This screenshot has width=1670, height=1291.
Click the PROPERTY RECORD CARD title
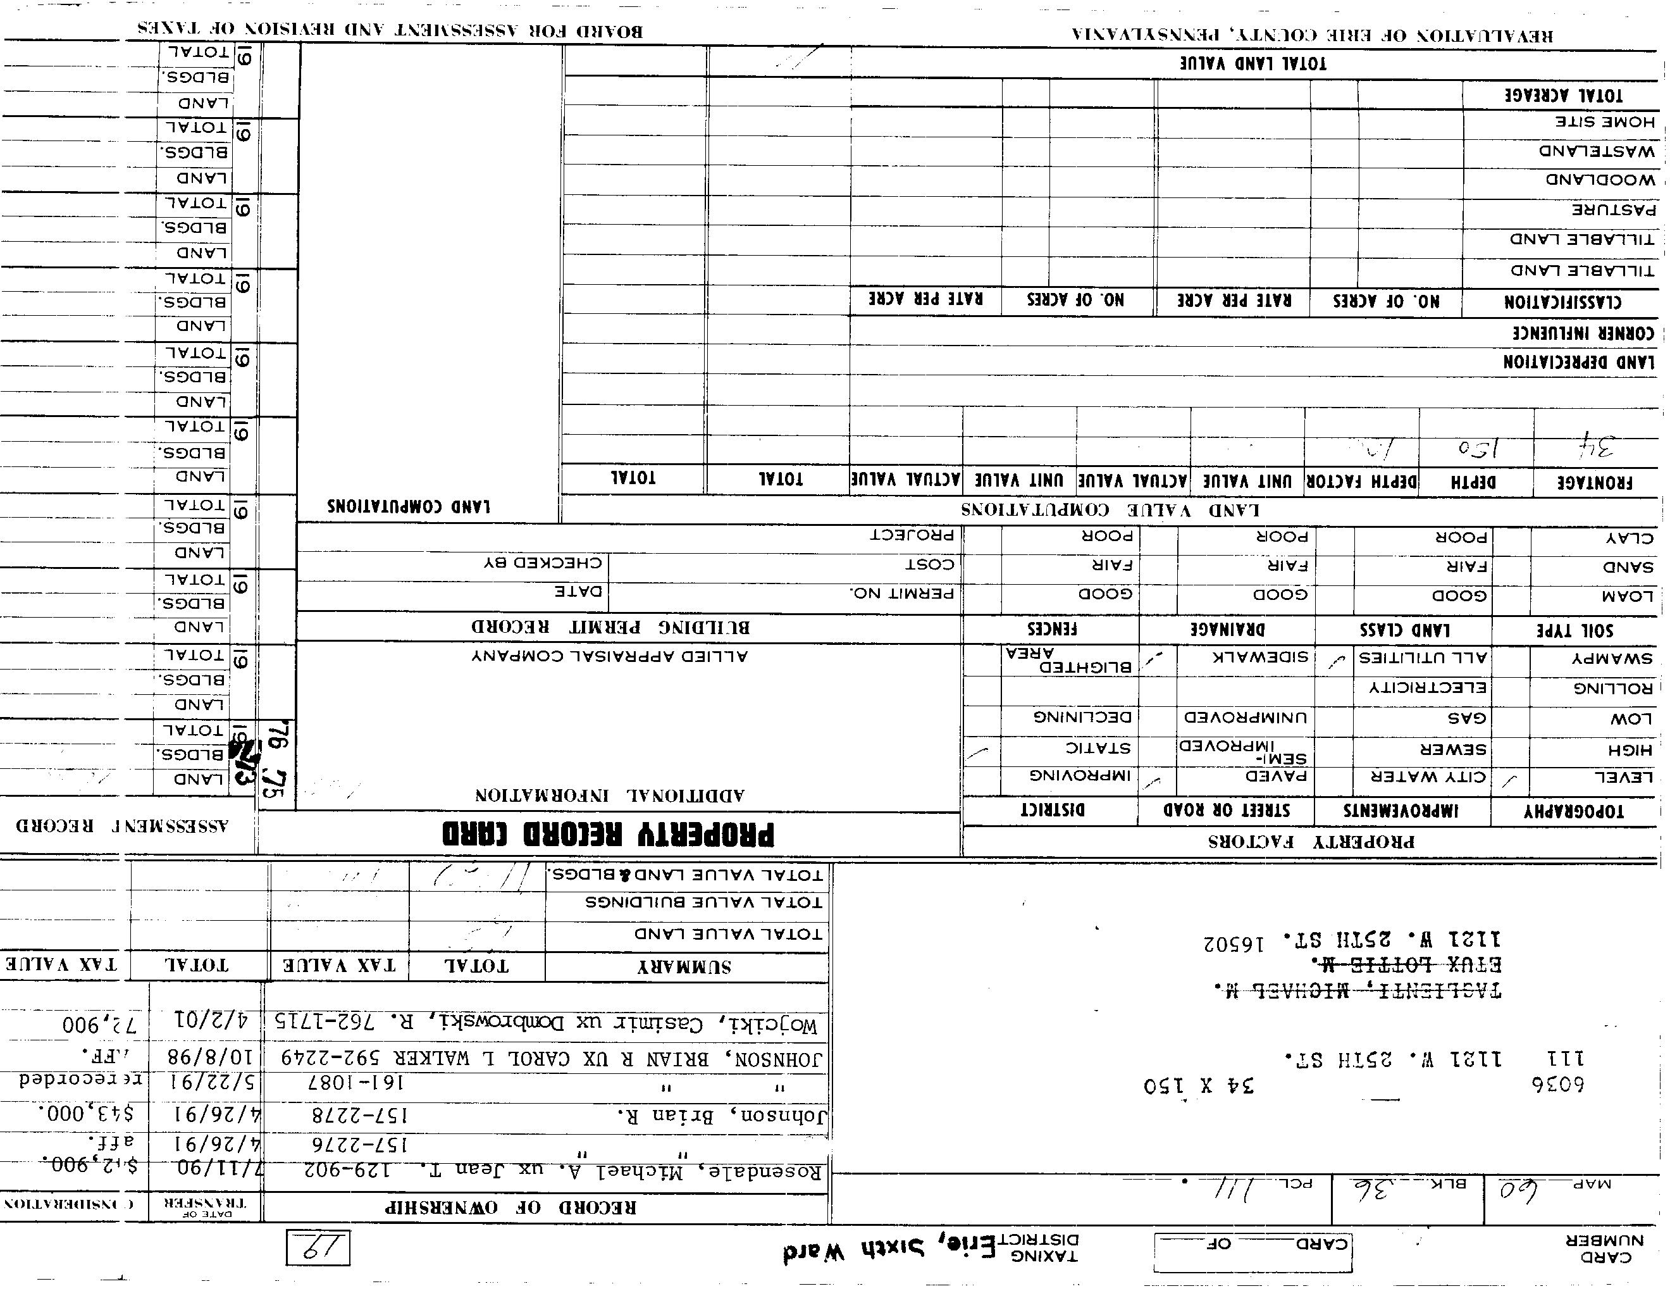[608, 833]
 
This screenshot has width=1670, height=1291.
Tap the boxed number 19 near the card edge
[318, 1247]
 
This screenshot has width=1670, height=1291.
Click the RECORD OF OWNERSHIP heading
[510, 1207]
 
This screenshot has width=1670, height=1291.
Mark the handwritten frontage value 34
[1596, 446]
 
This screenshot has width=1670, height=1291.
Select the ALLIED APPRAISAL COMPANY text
[609, 656]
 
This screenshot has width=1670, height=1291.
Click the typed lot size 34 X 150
[1198, 1086]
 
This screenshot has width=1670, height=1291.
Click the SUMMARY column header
[684, 968]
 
